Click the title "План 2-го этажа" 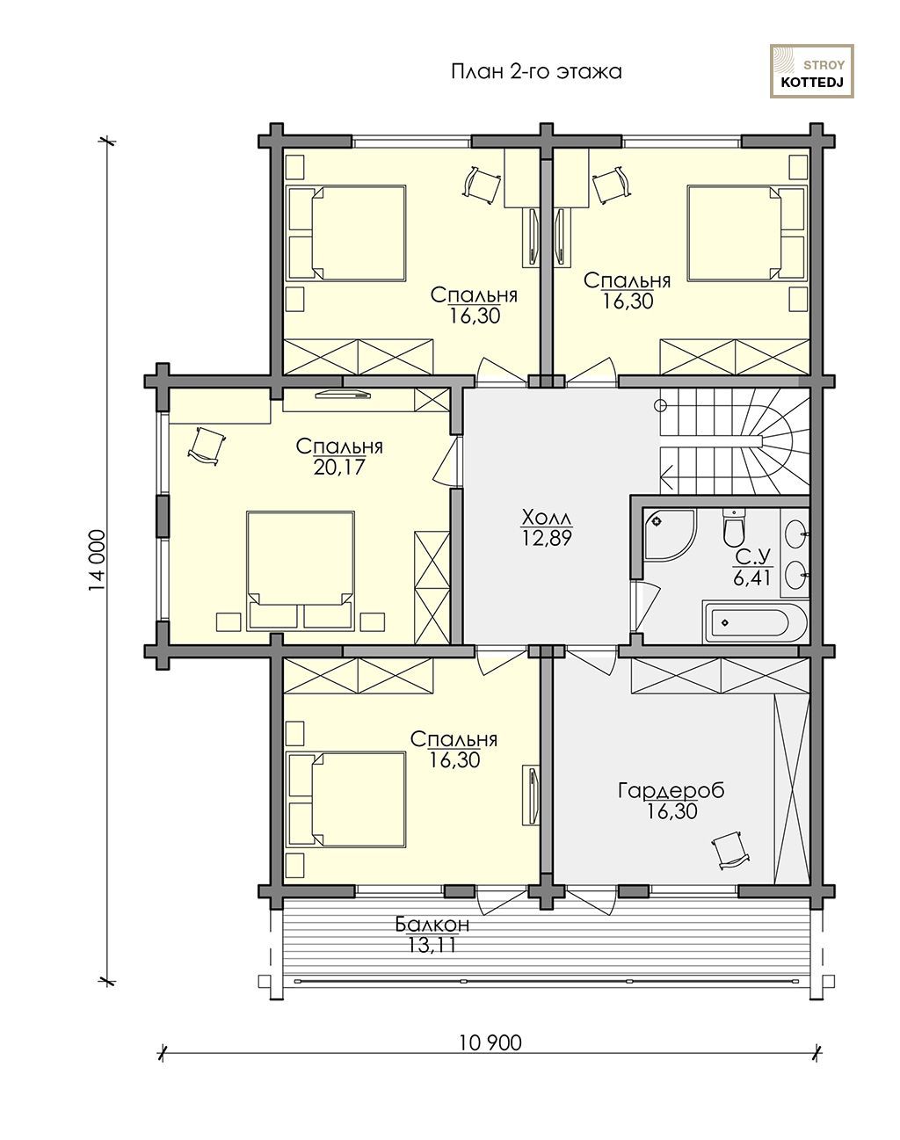pyautogui.click(x=536, y=71)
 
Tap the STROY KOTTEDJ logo pyautogui.click(x=811, y=71)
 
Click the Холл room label pyautogui.click(x=547, y=516)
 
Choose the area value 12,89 pyautogui.click(x=548, y=538)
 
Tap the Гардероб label pyautogui.click(x=671, y=790)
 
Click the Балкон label pyautogui.click(x=432, y=925)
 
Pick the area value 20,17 pyautogui.click(x=339, y=468)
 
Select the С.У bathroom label pyautogui.click(x=751, y=556)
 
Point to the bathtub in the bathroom pyautogui.click(x=755, y=622)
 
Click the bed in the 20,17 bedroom pyautogui.click(x=301, y=570)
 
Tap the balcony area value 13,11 pyautogui.click(x=432, y=945)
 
